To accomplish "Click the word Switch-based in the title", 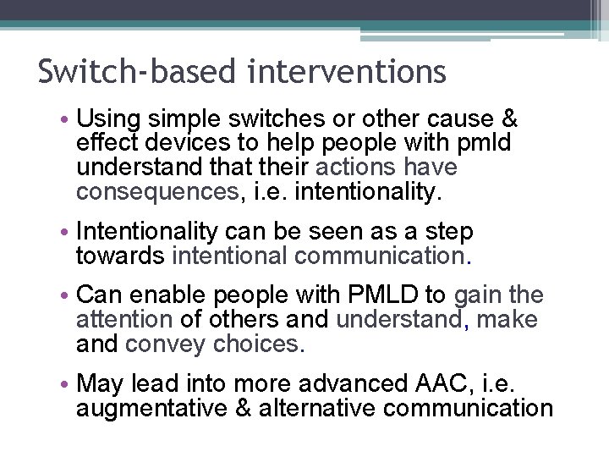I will (x=138, y=72).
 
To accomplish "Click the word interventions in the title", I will (x=347, y=72).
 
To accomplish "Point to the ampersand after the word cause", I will (x=507, y=120).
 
